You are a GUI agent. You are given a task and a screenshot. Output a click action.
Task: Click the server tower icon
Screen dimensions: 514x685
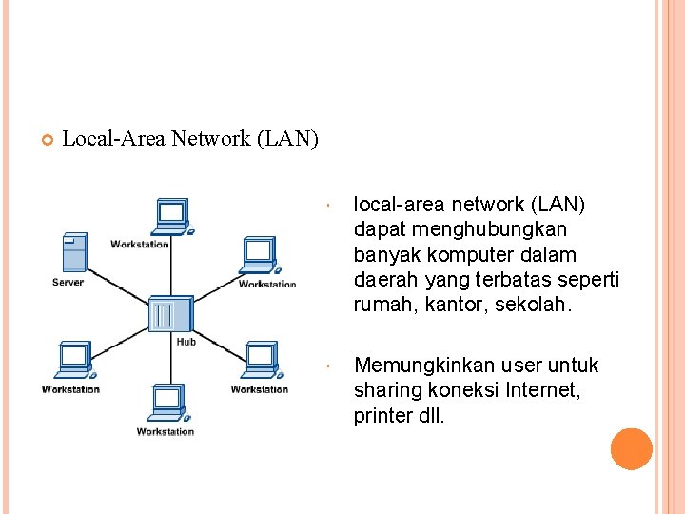point(73,253)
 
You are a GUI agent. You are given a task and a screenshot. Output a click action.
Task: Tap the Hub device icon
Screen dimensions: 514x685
point(171,314)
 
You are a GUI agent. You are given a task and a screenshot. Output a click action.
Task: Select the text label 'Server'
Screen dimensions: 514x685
point(68,282)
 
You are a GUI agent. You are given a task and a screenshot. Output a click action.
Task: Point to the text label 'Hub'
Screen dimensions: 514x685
point(186,342)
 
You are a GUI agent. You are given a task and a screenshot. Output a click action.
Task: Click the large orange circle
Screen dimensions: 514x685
point(631,448)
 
